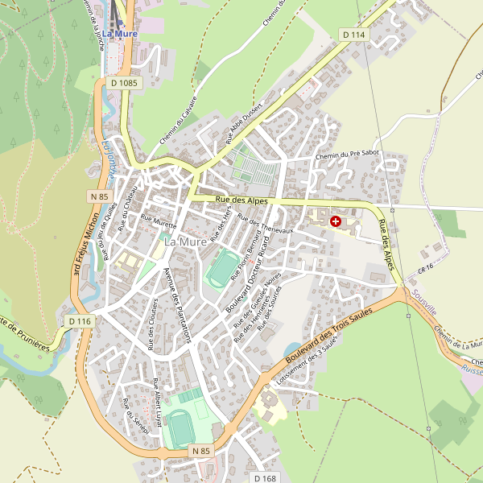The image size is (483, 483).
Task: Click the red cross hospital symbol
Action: pyautogui.click(x=336, y=221)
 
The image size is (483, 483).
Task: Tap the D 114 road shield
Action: pyautogui.click(x=353, y=35)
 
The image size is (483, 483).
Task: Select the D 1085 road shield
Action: pyautogui.click(x=124, y=82)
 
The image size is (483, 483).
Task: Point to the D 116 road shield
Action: pyautogui.click(x=80, y=321)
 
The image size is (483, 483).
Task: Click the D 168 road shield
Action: pyautogui.click(x=265, y=478)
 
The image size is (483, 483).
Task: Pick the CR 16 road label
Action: pyautogui.click(x=426, y=266)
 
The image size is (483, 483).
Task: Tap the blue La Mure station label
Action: pyautogui.click(x=119, y=34)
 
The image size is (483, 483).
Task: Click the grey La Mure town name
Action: pyautogui.click(x=184, y=241)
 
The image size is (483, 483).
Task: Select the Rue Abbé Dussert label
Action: pyautogui.click(x=240, y=127)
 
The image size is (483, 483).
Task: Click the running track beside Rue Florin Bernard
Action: pyautogui.click(x=223, y=269)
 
